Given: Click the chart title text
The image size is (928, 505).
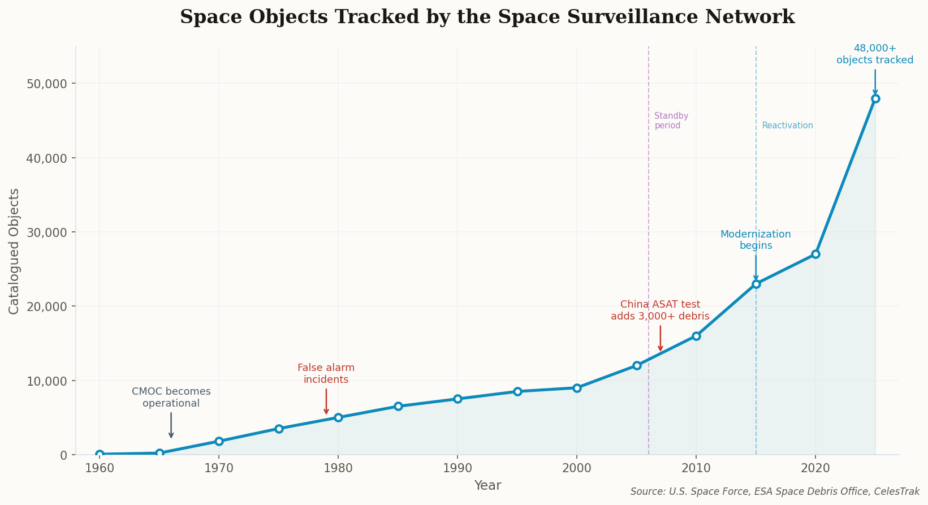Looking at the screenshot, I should tap(487, 17).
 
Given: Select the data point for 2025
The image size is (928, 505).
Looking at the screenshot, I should tap(875, 98).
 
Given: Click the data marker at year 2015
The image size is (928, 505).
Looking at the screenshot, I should tap(756, 284).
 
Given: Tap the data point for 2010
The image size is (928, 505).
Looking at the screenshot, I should tap(696, 336).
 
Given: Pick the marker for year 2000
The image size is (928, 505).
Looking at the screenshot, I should tap(577, 388).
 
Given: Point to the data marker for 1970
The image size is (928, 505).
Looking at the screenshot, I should tap(219, 441).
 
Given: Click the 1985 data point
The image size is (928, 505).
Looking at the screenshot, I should tap(398, 406).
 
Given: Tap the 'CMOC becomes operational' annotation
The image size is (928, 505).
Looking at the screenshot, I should tap(171, 398).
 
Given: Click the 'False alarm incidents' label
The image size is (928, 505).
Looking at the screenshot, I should tap(326, 374).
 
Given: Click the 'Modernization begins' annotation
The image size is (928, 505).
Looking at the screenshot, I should tap(756, 240).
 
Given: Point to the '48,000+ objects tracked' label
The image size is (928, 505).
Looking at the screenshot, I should tap(875, 54).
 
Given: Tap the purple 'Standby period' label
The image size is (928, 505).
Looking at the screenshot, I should tap(671, 120).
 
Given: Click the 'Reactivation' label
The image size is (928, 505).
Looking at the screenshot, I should tap(787, 126).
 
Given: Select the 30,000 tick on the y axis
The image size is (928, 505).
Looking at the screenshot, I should tap(51, 232).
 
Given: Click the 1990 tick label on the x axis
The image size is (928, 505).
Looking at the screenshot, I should tap(457, 468).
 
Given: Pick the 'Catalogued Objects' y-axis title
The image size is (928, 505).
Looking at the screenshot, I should tap(14, 251).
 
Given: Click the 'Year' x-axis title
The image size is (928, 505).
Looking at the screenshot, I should tap(487, 485).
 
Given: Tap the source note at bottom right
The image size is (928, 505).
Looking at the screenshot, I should tap(774, 492).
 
